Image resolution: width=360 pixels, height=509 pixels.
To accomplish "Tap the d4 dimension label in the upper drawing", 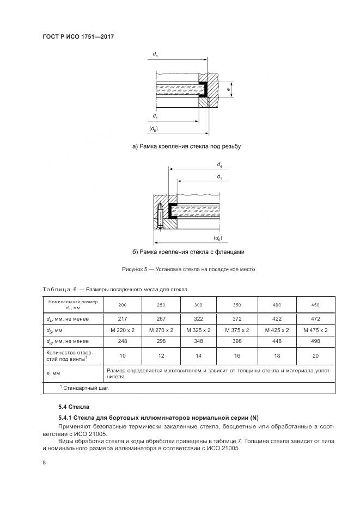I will [155, 55].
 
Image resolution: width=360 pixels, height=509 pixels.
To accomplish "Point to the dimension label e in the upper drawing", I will [228, 89].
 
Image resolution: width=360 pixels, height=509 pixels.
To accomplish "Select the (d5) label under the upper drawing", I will [154, 128].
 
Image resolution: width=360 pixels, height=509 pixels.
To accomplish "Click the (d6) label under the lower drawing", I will [217, 238].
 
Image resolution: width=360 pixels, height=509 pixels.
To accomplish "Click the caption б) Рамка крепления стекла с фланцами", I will [188, 252].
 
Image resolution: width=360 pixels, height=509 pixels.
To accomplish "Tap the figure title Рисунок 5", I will [188, 269].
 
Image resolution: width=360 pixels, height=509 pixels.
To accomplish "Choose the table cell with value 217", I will [123, 318].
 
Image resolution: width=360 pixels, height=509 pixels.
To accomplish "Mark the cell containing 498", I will [315, 341].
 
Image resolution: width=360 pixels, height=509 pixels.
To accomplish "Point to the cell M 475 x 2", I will [315, 330].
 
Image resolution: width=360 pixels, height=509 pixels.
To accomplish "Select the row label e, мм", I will [55, 373].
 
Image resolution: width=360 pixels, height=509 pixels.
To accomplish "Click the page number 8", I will [44, 462].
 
